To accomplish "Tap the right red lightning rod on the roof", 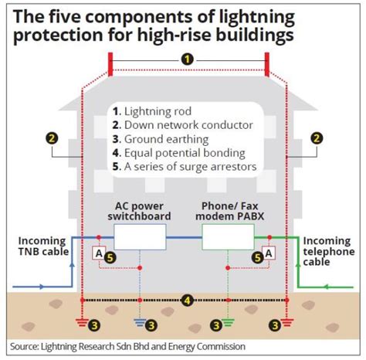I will (x=266, y=65).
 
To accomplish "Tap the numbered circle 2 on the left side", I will (x=52, y=138).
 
